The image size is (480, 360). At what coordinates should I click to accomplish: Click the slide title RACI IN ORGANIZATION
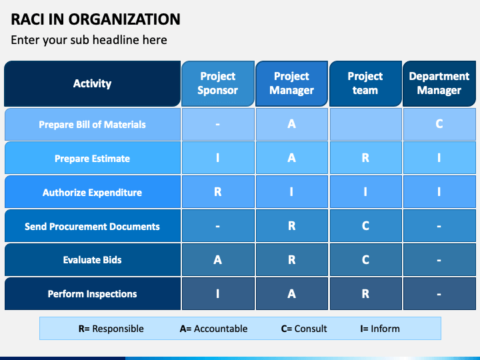pyautogui.click(x=95, y=19)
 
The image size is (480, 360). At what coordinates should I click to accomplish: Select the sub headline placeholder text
pyautogui.click(x=89, y=40)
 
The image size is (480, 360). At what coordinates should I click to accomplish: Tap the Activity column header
pyautogui.click(x=92, y=83)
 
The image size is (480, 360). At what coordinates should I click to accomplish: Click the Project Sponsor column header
pyautogui.click(x=217, y=83)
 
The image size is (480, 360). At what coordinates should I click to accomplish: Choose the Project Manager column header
pyautogui.click(x=291, y=83)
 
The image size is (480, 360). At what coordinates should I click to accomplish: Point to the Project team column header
pyautogui.click(x=365, y=83)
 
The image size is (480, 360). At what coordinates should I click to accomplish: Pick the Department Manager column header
pyautogui.click(x=439, y=83)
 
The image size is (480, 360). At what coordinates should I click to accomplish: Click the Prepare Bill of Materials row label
pyautogui.click(x=92, y=125)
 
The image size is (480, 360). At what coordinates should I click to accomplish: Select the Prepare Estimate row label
pyautogui.click(x=92, y=159)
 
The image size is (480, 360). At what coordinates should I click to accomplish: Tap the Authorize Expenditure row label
pyautogui.click(x=92, y=193)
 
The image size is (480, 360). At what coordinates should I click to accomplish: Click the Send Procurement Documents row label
pyautogui.click(x=92, y=227)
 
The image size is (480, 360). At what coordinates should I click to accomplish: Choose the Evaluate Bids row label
pyautogui.click(x=92, y=260)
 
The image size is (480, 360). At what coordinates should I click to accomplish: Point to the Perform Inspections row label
pyautogui.click(x=92, y=294)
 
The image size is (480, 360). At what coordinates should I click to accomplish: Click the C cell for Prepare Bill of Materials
pyautogui.click(x=439, y=124)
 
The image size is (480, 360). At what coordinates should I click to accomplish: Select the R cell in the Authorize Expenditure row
pyautogui.click(x=217, y=192)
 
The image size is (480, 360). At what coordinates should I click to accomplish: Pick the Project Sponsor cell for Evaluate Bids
pyautogui.click(x=217, y=260)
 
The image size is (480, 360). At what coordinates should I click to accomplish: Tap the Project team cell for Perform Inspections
pyautogui.click(x=365, y=294)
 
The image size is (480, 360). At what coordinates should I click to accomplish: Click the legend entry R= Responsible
pyautogui.click(x=111, y=329)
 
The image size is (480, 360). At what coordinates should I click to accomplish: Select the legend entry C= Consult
pyautogui.click(x=304, y=329)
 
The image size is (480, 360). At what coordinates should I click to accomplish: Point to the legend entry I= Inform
pyautogui.click(x=380, y=329)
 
